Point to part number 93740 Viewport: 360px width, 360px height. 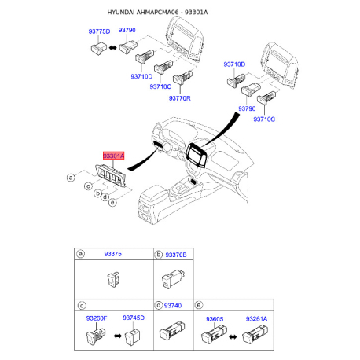(174, 304)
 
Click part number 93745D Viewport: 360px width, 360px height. (134, 318)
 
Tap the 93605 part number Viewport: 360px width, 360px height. (215, 318)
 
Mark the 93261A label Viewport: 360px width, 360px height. (257, 318)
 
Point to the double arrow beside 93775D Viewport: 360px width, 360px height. (113, 48)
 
